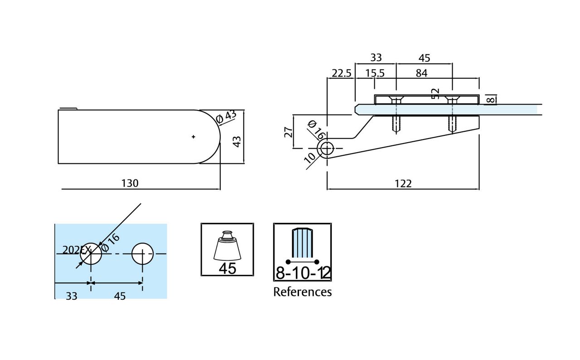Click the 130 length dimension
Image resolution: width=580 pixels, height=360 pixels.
tap(130, 183)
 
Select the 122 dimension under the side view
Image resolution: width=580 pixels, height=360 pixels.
tap(403, 183)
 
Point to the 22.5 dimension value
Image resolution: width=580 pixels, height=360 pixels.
tap(341, 73)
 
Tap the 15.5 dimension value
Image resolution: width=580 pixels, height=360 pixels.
tap(375, 73)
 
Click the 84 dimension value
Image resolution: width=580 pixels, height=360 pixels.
tap(421, 73)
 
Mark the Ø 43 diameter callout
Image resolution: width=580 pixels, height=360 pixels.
tap(227, 116)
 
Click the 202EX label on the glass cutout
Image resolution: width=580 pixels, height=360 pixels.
tap(77, 250)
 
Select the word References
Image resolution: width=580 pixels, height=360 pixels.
tap(302, 292)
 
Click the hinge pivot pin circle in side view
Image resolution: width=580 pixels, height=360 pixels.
tap(326, 149)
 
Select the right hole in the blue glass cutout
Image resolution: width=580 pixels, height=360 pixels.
tap(143, 254)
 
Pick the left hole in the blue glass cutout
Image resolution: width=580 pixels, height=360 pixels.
tap(91, 254)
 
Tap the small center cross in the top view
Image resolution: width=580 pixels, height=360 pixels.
tap(193, 136)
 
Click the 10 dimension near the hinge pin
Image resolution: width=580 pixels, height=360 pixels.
tap(310, 157)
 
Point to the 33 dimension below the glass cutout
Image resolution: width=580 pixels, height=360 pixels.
tap(72, 296)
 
